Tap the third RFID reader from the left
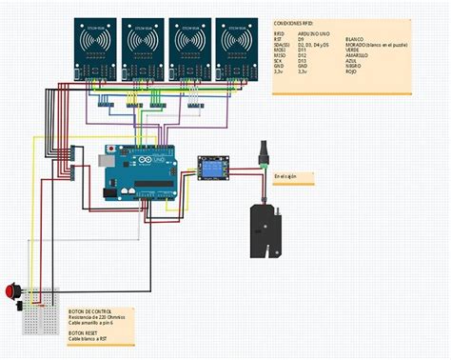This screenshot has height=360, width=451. point(191,47)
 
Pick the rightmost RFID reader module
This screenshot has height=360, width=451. point(238,47)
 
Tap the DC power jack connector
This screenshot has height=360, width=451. point(264,156)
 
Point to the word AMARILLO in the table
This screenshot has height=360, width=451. point(358,54)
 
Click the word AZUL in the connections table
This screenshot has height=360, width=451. point(351,60)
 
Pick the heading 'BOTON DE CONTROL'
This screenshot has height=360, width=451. point(90,311)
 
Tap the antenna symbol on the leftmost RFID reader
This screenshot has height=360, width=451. point(95,42)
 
